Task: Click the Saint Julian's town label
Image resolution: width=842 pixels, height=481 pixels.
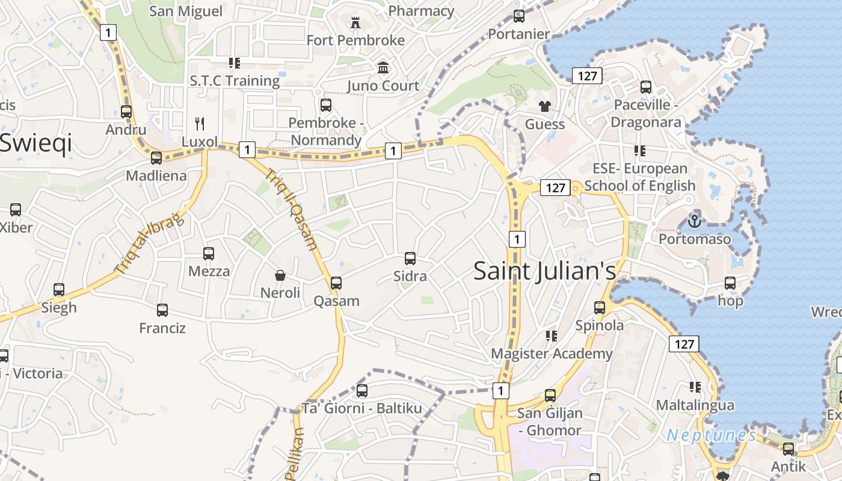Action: coord(544,271)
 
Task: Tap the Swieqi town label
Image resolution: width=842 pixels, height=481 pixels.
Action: coord(36,143)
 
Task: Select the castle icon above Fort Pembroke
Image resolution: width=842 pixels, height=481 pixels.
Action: coord(355,23)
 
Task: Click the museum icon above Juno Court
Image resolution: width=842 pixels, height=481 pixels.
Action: coord(383,68)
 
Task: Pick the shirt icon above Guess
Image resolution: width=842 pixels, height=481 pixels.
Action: coord(545,107)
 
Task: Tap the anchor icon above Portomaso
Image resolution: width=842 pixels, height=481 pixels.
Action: coord(695,221)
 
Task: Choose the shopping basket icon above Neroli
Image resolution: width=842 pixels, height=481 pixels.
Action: coord(280,275)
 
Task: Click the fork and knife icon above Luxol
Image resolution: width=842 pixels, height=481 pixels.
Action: coord(200,124)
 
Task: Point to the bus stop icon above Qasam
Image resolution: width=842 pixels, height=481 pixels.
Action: coord(336,283)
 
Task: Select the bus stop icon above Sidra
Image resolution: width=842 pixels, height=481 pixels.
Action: coord(410,259)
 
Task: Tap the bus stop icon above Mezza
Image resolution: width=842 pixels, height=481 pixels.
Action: coord(209,254)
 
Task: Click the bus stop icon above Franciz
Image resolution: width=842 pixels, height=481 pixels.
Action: coord(162,310)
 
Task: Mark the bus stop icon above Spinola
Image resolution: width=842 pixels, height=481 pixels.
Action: coord(600,308)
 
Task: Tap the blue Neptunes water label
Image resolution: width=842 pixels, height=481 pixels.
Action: coord(711,435)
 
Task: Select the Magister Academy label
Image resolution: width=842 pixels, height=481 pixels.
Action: coord(552,354)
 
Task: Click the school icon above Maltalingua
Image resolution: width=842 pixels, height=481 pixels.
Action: coord(695,387)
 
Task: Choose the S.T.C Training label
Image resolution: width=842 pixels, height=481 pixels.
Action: coord(235,81)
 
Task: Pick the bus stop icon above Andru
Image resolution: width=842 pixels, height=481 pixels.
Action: coord(126,112)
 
